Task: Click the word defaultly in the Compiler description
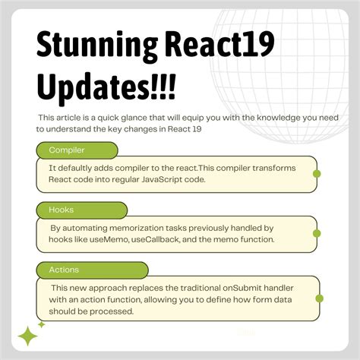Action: pyautogui.click(x=81, y=167)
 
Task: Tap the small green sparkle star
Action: pyautogui.click(x=42, y=324)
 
